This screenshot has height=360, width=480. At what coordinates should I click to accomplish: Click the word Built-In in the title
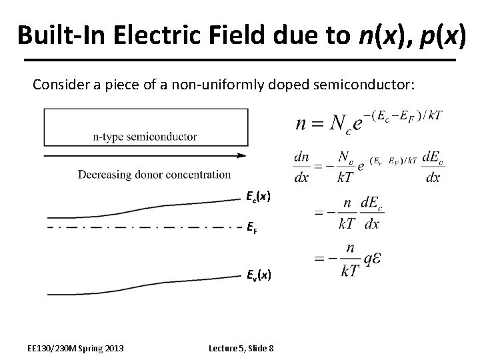62,35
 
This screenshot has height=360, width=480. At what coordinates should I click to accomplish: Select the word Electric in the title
154,35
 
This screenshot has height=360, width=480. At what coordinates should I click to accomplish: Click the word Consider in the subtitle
59,85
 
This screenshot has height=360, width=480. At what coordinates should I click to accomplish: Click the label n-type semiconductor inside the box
145,137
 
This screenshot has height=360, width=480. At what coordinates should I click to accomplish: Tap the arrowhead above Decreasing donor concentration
241,156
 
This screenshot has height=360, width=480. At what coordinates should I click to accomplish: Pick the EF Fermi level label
252,228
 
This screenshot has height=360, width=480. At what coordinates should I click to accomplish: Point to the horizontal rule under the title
239,60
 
